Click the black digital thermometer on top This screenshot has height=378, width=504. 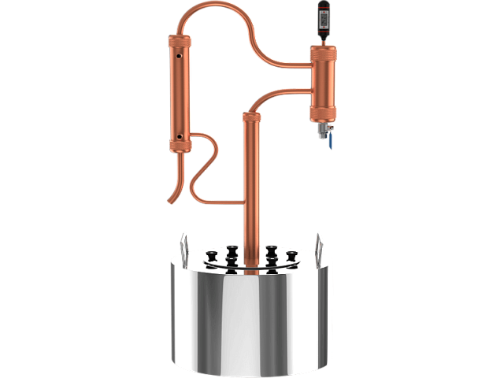(323, 20)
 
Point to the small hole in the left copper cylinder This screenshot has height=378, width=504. (182, 57)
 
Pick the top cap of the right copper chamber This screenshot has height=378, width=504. (323, 49)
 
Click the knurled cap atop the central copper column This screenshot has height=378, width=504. (251, 117)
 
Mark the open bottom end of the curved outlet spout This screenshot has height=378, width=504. (168, 202)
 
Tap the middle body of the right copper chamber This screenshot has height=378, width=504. (323, 79)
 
